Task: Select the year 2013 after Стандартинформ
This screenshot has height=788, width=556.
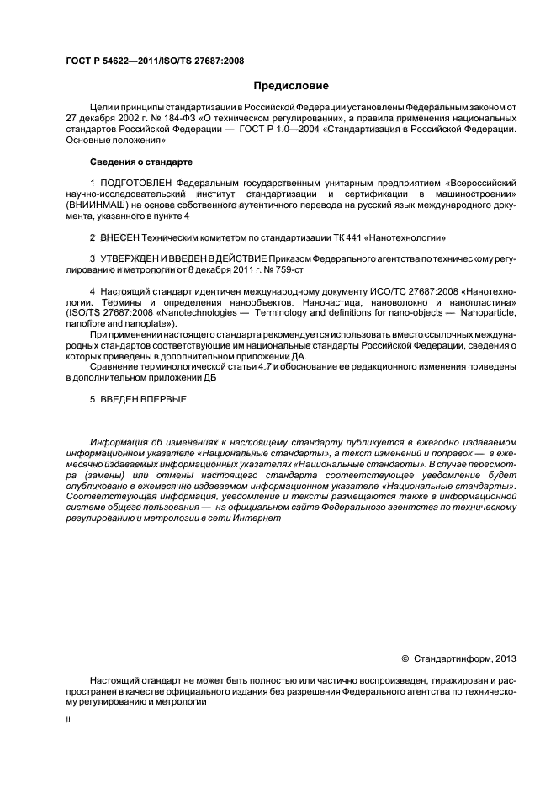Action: coord(505,658)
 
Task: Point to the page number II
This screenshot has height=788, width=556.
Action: coord(68,721)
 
